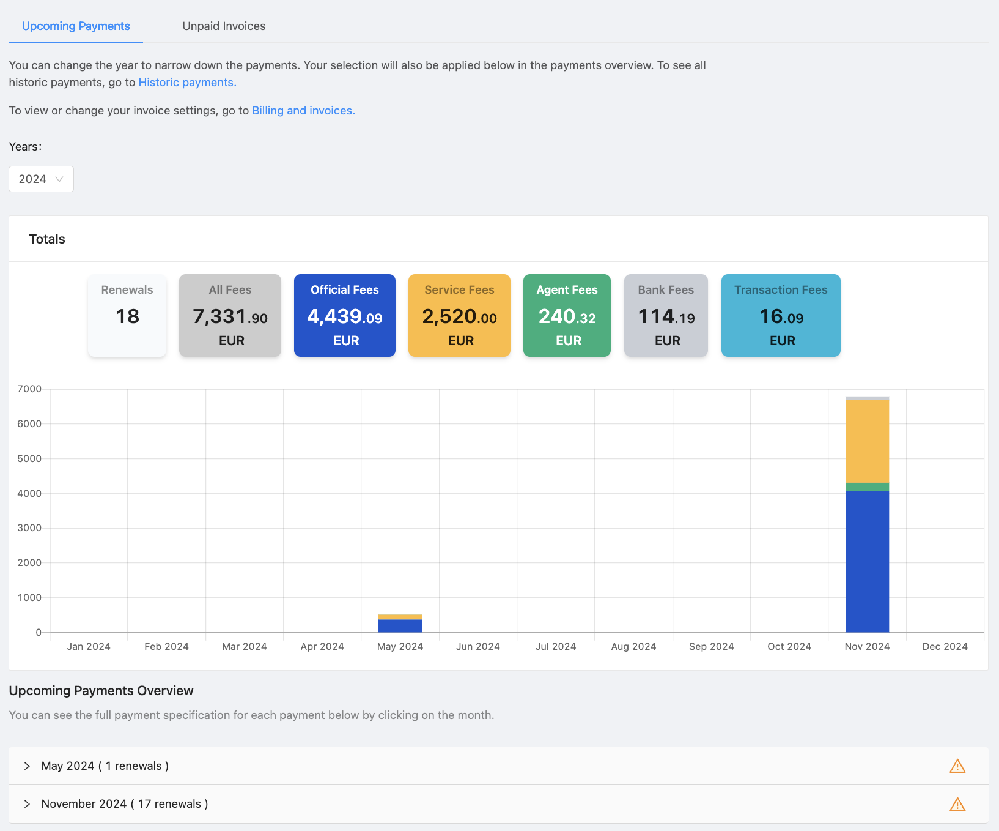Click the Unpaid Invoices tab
point(224,26)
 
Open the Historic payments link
point(187,83)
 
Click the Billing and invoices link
point(303,111)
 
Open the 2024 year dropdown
point(41,179)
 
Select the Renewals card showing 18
point(127,315)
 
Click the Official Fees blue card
point(345,315)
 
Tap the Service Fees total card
point(459,315)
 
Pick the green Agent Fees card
point(567,315)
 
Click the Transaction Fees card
point(781,315)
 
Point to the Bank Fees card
point(666,315)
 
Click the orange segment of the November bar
point(867,441)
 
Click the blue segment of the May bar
point(400,626)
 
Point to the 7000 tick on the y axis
point(29,389)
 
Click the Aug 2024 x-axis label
point(633,647)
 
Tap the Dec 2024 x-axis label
point(945,647)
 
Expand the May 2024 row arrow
point(27,766)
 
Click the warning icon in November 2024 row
point(957,804)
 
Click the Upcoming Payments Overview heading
point(101,691)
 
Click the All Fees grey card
point(230,315)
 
